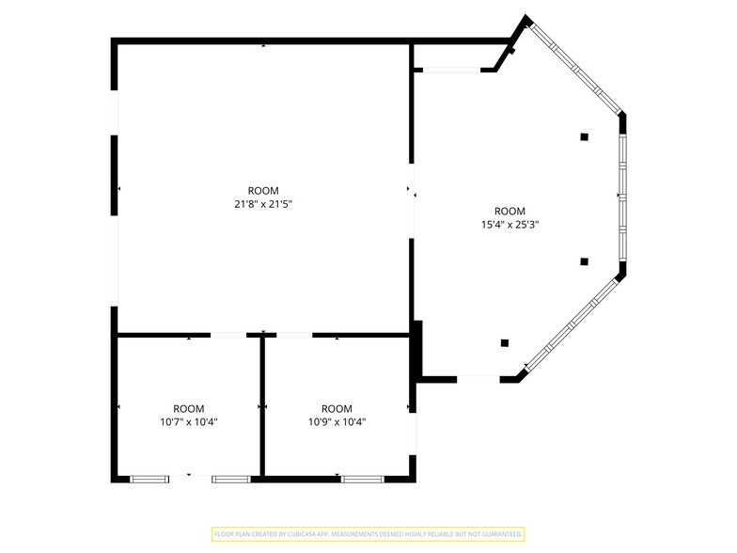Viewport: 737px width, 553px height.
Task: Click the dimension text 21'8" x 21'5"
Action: (263, 204)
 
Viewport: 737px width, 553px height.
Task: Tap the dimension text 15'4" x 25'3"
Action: (510, 224)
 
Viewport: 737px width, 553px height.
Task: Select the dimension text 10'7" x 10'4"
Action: (188, 421)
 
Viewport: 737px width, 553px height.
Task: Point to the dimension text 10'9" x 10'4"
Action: (337, 421)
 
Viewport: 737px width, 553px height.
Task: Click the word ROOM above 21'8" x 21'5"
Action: (263, 190)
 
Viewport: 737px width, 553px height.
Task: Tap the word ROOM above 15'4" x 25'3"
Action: (510, 211)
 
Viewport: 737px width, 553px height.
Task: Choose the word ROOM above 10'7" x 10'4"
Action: (188, 408)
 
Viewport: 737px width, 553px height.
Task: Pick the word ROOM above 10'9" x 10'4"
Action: (337, 408)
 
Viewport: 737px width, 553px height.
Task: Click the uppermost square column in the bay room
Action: (585, 137)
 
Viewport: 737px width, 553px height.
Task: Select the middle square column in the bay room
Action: (585, 261)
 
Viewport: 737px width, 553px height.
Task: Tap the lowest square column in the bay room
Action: (505, 342)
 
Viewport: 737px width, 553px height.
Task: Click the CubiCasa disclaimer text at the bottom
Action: (368, 534)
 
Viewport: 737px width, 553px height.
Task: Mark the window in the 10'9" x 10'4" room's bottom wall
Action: (363, 480)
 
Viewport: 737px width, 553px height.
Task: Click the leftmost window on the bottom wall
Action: (149, 480)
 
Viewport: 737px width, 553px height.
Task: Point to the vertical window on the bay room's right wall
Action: (622, 197)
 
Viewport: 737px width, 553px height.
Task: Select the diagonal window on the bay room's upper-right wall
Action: (575, 69)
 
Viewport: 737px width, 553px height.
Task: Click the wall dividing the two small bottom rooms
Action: (263, 406)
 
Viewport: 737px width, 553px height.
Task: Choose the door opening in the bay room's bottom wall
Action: (478, 378)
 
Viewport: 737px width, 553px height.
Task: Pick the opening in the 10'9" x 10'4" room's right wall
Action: (413, 434)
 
